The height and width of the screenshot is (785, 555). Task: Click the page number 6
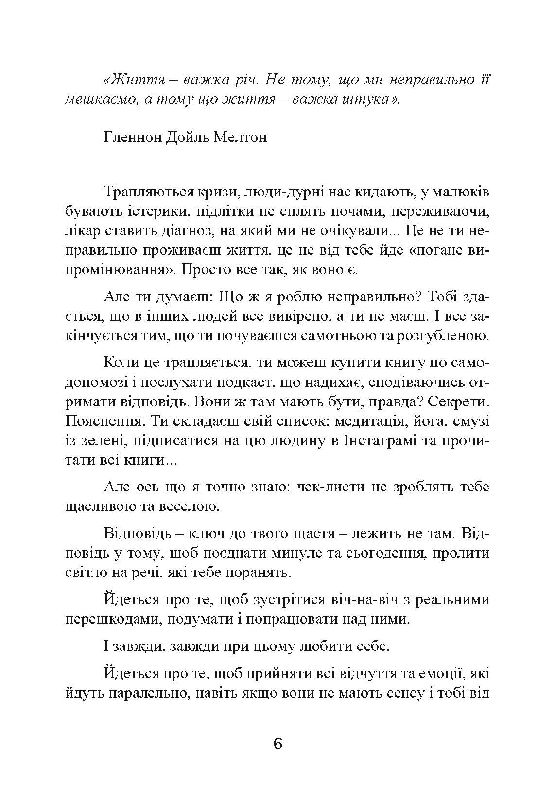pos(277,744)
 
